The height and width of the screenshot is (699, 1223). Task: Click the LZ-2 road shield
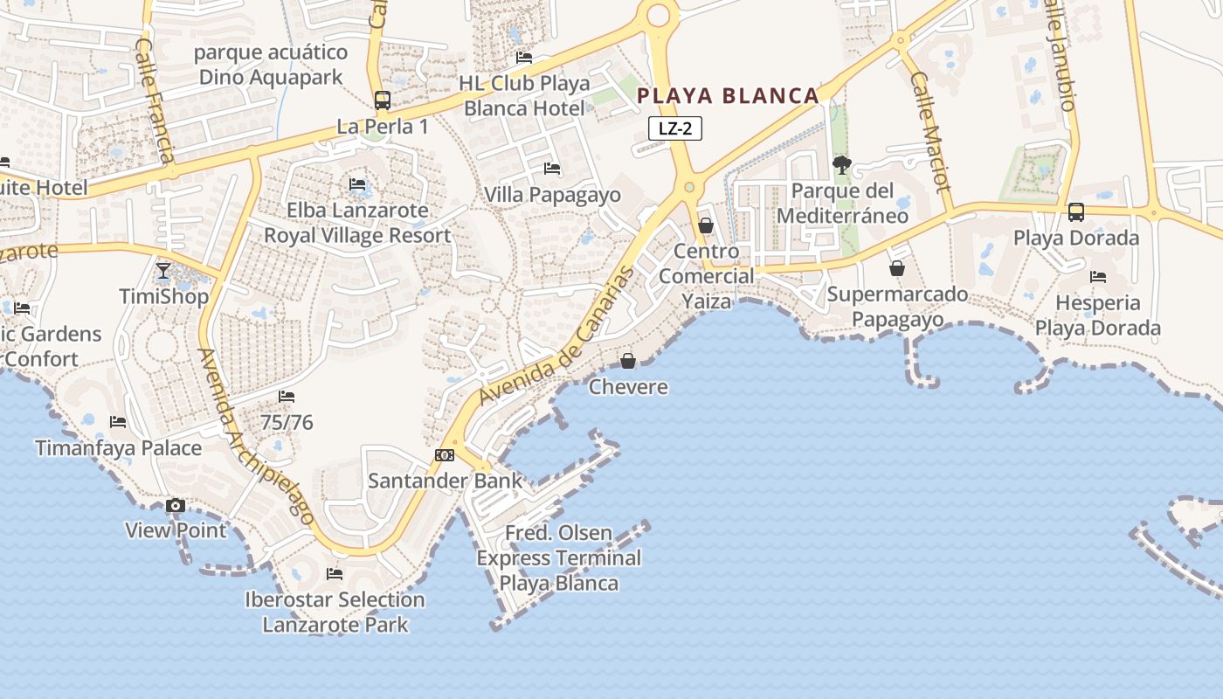[x=675, y=128]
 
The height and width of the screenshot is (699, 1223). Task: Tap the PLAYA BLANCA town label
[x=728, y=96]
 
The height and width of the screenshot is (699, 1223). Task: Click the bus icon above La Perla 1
[x=383, y=100]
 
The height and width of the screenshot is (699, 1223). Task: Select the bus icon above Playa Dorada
[x=1076, y=212]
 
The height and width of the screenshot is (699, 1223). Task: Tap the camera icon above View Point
[x=176, y=506]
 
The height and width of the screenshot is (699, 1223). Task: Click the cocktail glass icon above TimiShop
[x=163, y=271]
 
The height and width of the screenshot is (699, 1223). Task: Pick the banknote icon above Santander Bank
[x=445, y=455]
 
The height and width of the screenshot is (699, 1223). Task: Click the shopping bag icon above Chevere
[x=627, y=361]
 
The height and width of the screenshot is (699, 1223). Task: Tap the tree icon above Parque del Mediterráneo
[x=842, y=164]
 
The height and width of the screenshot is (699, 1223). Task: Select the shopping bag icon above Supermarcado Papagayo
[x=896, y=268]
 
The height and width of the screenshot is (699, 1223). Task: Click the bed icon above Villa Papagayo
[x=552, y=169]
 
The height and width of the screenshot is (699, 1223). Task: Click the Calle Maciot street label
[x=929, y=132]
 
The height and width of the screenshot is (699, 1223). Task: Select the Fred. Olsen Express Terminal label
[x=559, y=557]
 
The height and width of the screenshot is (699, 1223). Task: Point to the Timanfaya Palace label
[x=119, y=448]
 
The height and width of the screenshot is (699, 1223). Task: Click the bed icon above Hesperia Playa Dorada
[x=1098, y=277]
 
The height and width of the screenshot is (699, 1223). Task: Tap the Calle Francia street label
[x=155, y=100]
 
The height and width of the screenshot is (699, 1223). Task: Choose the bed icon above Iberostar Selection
[x=335, y=574]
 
